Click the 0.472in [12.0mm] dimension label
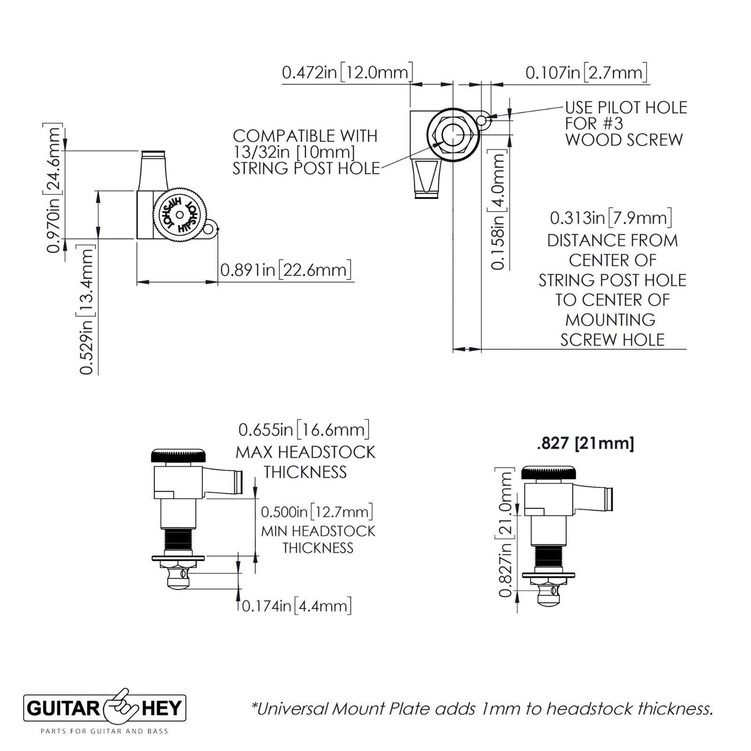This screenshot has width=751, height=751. pos(347,72)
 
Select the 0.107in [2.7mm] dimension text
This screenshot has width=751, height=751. pos(587,72)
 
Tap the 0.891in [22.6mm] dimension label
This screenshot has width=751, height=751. pos(286,270)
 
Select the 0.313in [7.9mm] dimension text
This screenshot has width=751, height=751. pos(611,217)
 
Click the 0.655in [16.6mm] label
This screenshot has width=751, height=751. pos(304,430)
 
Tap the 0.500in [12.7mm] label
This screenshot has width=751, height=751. pos(317,512)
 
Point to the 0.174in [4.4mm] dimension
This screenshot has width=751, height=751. pos(297,606)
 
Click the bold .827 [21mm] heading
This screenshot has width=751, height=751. pos(585,443)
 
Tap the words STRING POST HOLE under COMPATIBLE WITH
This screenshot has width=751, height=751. pos(306,168)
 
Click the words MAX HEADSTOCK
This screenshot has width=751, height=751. pos(306,452)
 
